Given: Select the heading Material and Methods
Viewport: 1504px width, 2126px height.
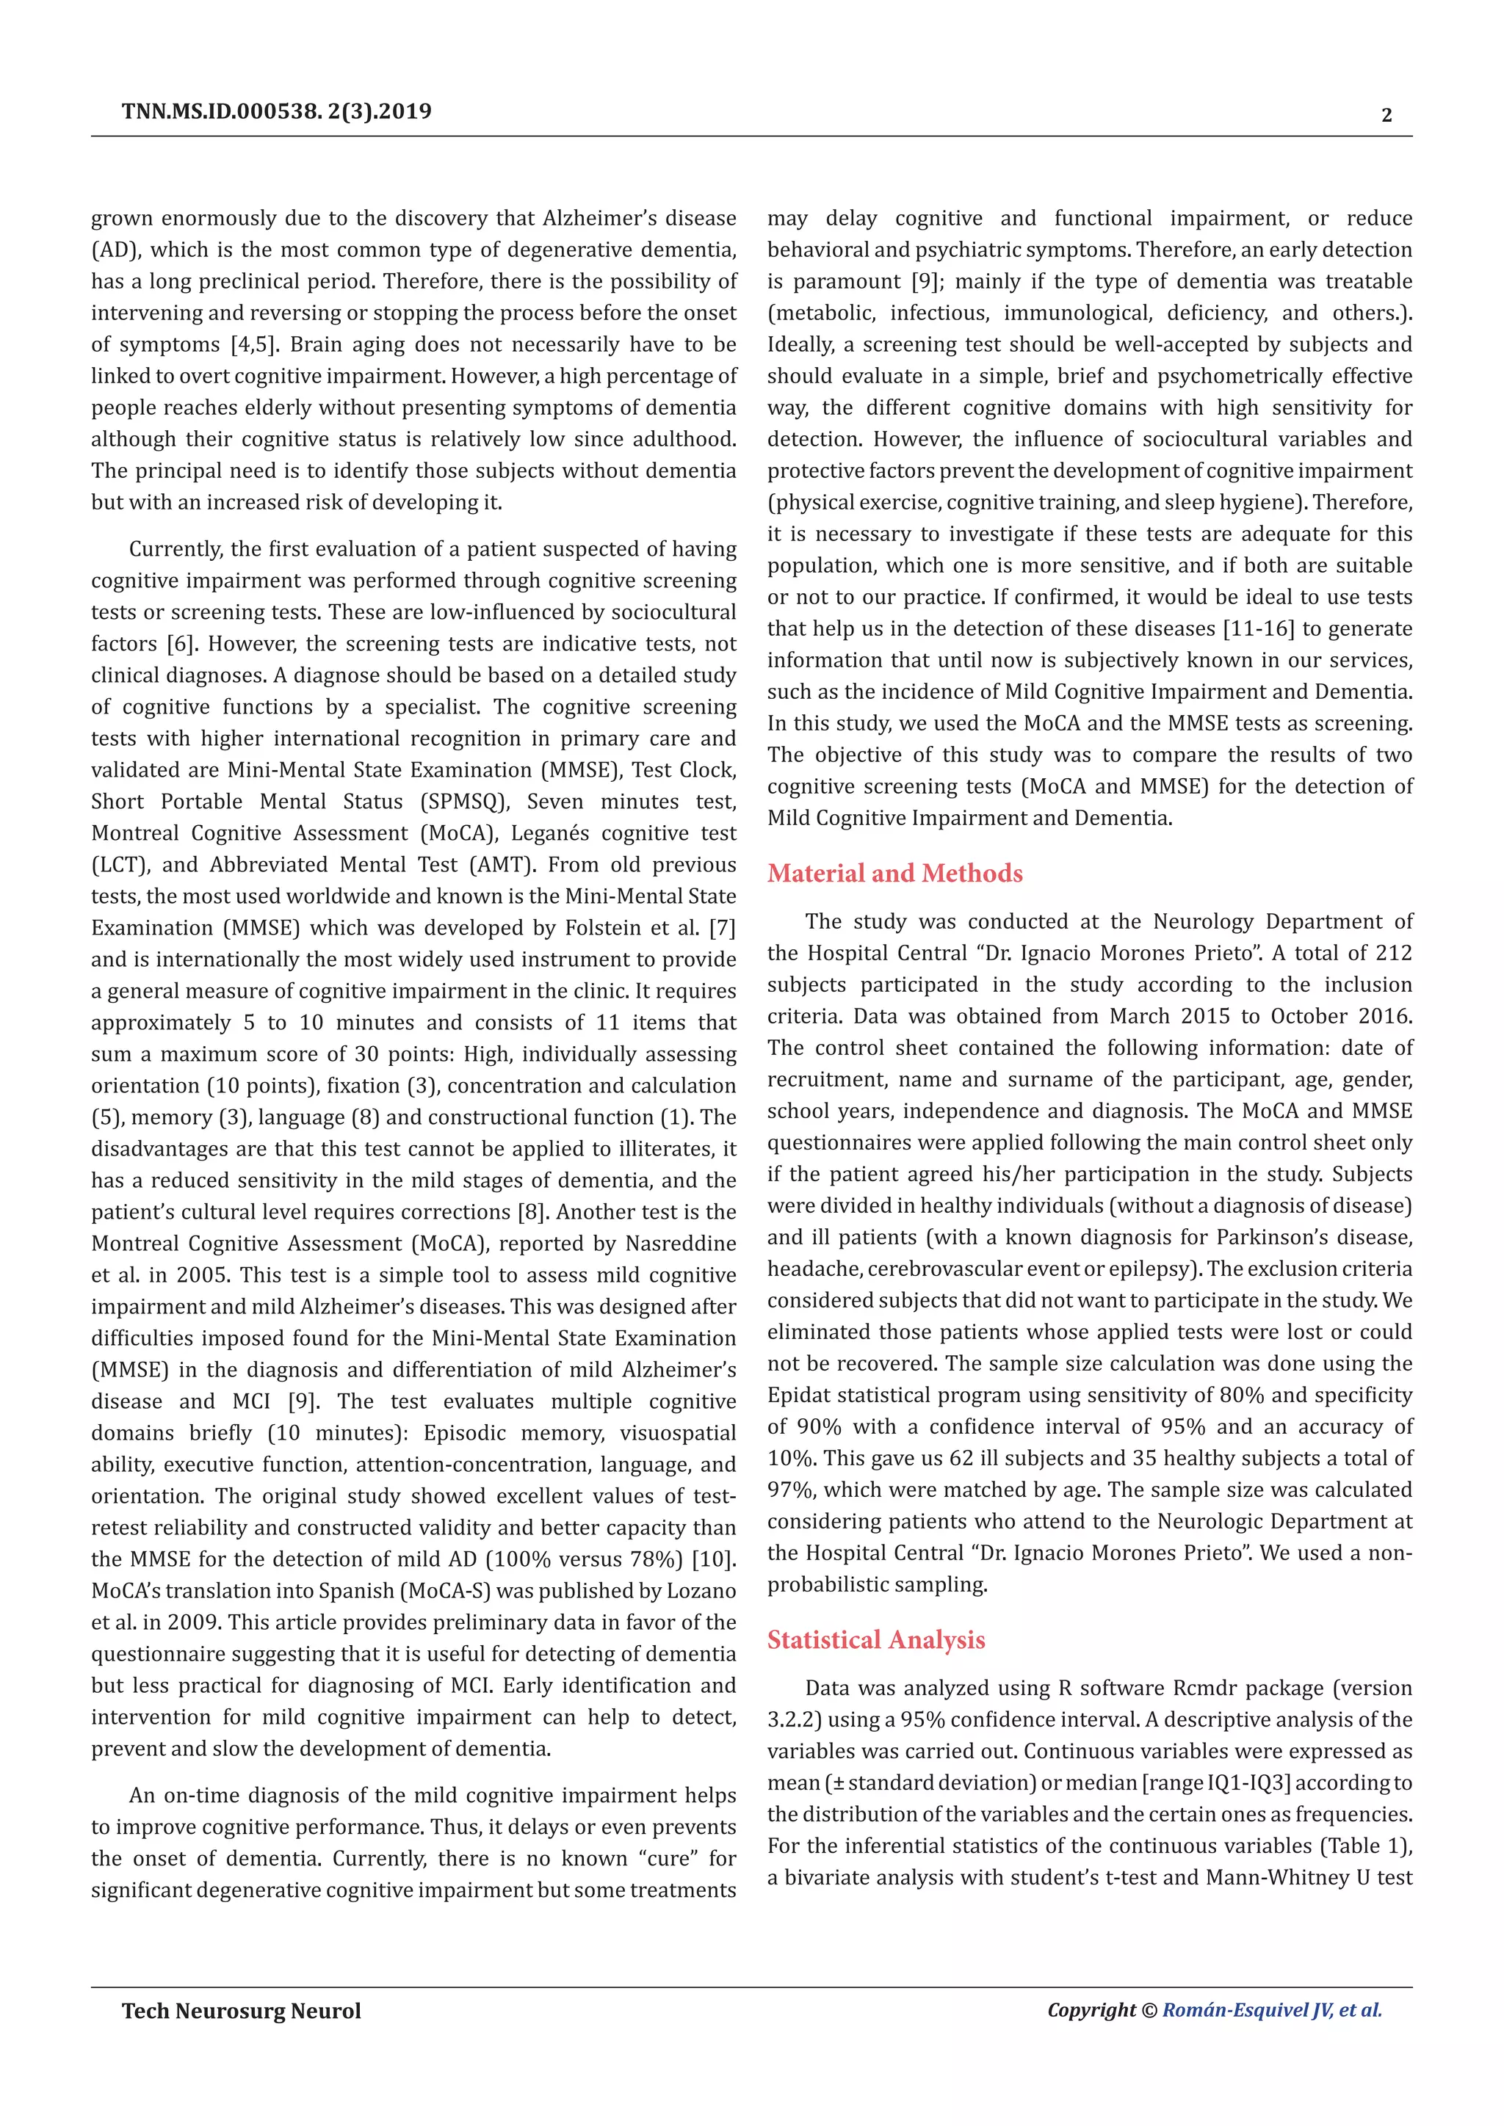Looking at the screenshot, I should pos(894,873).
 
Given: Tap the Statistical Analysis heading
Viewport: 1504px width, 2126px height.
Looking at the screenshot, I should pos(875,1640).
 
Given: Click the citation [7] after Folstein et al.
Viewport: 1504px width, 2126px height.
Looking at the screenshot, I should pos(721,928).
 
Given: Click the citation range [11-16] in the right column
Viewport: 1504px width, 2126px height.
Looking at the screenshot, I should pos(1259,628).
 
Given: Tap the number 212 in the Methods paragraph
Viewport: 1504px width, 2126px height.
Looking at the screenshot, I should pos(1394,953).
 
